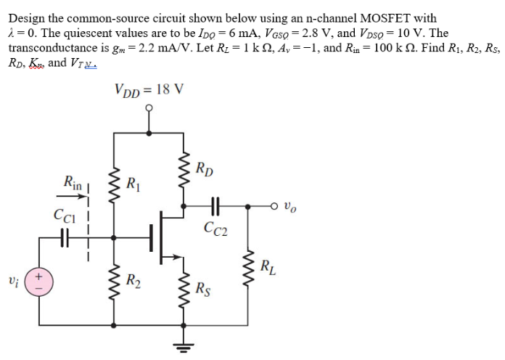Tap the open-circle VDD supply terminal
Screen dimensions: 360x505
click(x=149, y=110)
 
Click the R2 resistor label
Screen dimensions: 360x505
click(x=134, y=280)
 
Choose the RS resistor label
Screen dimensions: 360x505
click(x=205, y=289)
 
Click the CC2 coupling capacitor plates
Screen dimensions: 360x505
click(x=215, y=206)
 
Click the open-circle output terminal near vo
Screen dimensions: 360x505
click(x=276, y=206)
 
